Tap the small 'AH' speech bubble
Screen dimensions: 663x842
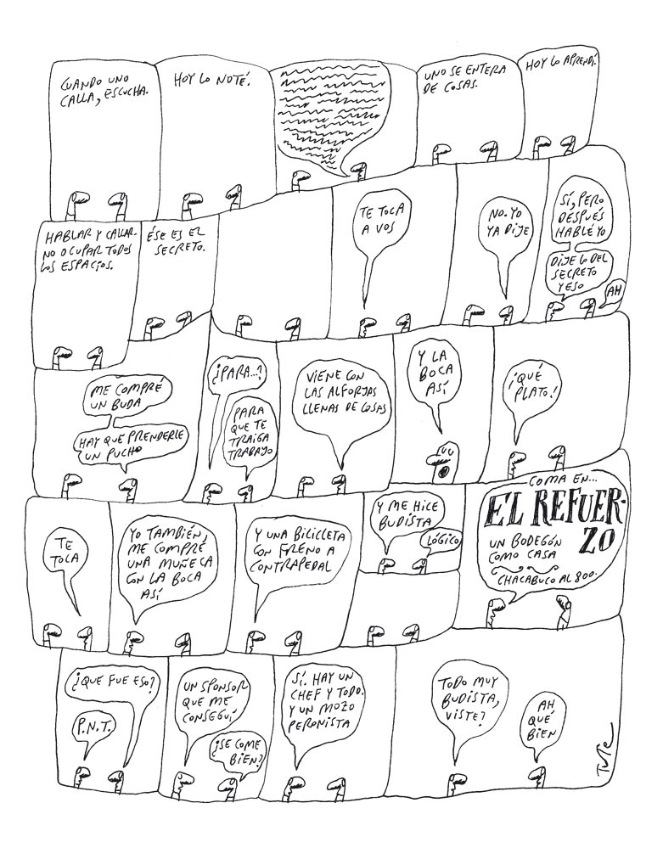(610, 293)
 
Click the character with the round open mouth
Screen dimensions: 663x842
(441, 459)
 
